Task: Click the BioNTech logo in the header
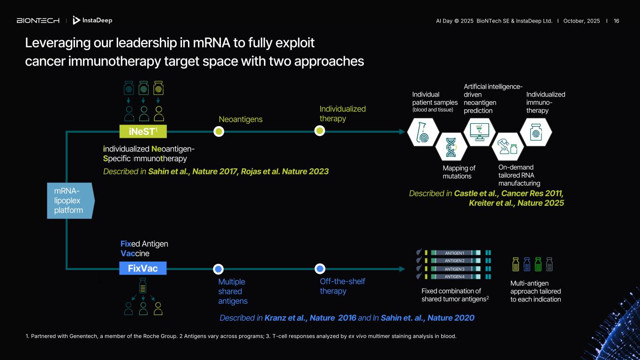click(38, 21)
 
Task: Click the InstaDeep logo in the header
click(92, 20)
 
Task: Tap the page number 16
click(616, 21)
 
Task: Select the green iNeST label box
click(143, 131)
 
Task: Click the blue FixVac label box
click(143, 268)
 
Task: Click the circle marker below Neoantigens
click(219, 131)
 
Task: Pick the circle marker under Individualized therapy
click(320, 131)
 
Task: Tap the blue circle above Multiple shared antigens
click(218, 269)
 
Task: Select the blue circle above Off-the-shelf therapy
click(320, 269)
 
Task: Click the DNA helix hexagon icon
click(451, 147)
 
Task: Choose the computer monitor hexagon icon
click(480, 132)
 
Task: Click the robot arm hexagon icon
click(508, 147)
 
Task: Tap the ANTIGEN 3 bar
click(456, 269)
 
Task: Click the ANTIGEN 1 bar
click(456, 253)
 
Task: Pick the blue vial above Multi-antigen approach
click(527, 264)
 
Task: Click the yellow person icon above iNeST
click(159, 114)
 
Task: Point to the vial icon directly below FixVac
click(143, 286)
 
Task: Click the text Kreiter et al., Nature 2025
click(516, 203)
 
